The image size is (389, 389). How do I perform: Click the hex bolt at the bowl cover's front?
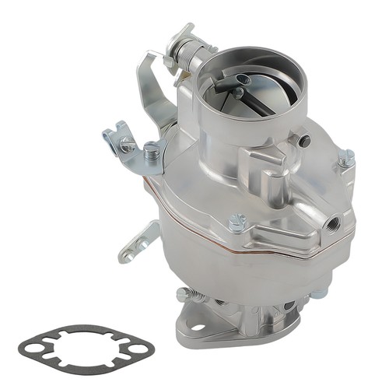237,224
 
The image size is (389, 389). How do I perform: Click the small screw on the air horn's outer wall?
304,141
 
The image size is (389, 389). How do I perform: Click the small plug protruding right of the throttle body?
318,293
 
